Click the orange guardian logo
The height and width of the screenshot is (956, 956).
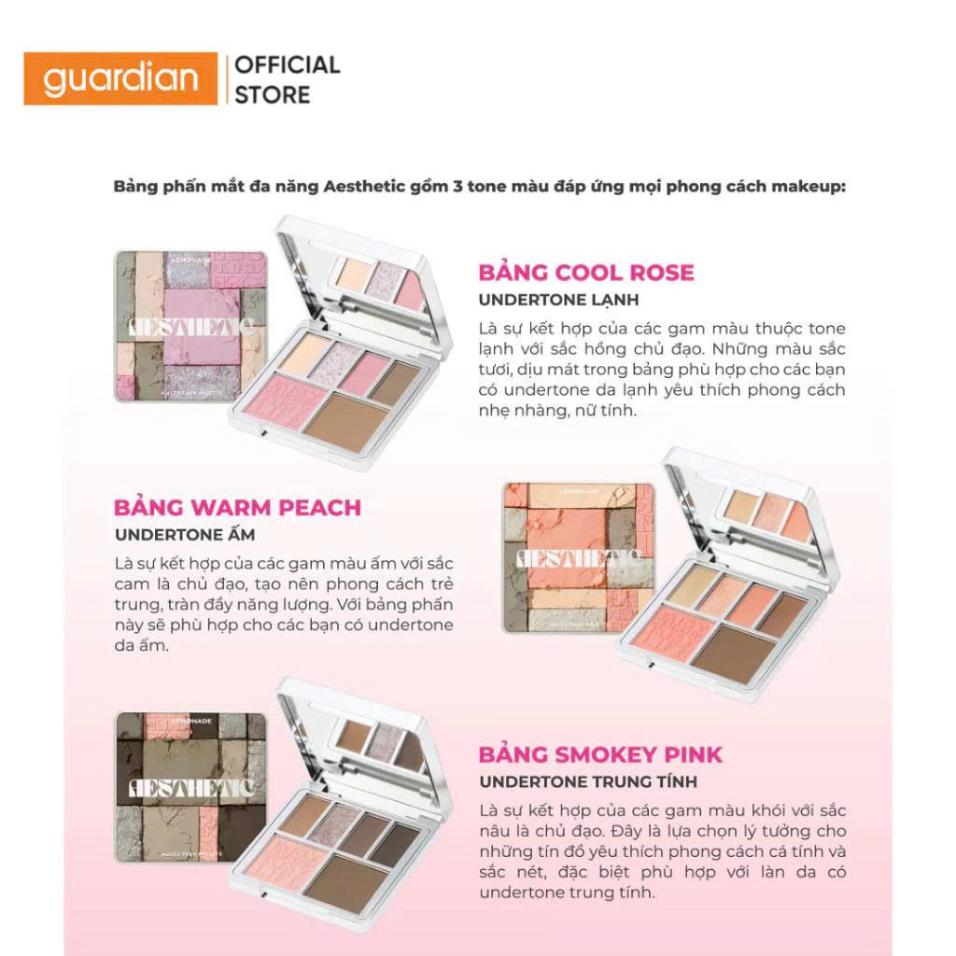(x=121, y=78)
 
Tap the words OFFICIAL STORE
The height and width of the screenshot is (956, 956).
(x=286, y=79)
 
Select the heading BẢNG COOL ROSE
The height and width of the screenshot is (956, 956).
(x=586, y=273)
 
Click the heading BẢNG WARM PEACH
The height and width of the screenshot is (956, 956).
(x=237, y=508)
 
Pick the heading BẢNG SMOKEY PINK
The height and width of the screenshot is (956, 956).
(x=600, y=754)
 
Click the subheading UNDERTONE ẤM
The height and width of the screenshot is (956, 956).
(x=184, y=535)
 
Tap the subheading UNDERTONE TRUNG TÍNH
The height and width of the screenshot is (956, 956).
(x=588, y=781)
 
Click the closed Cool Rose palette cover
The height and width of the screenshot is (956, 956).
(x=190, y=327)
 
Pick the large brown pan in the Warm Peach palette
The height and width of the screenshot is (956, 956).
(x=732, y=653)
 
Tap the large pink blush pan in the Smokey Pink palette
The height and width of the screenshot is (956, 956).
(x=276, y=860)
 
